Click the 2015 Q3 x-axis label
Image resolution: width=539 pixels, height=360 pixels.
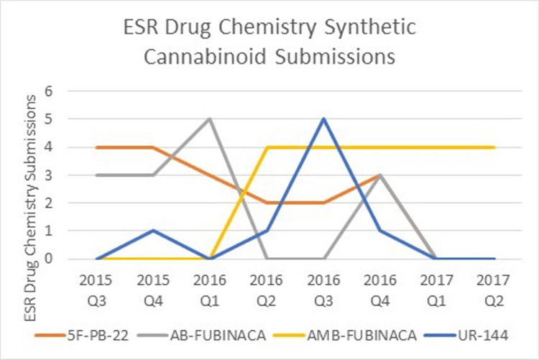96,286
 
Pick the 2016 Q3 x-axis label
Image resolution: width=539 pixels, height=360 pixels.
325,286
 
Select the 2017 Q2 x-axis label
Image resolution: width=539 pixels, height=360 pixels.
496,286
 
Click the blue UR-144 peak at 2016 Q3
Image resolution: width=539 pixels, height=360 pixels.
325,119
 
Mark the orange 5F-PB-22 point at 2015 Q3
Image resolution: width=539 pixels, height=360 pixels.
96,147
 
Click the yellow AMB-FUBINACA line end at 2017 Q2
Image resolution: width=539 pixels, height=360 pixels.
496,147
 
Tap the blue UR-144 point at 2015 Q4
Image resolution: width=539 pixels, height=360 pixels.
153,231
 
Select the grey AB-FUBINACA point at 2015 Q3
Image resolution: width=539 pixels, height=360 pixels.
96,175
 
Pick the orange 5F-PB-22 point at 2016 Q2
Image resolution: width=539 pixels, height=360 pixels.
267,203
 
